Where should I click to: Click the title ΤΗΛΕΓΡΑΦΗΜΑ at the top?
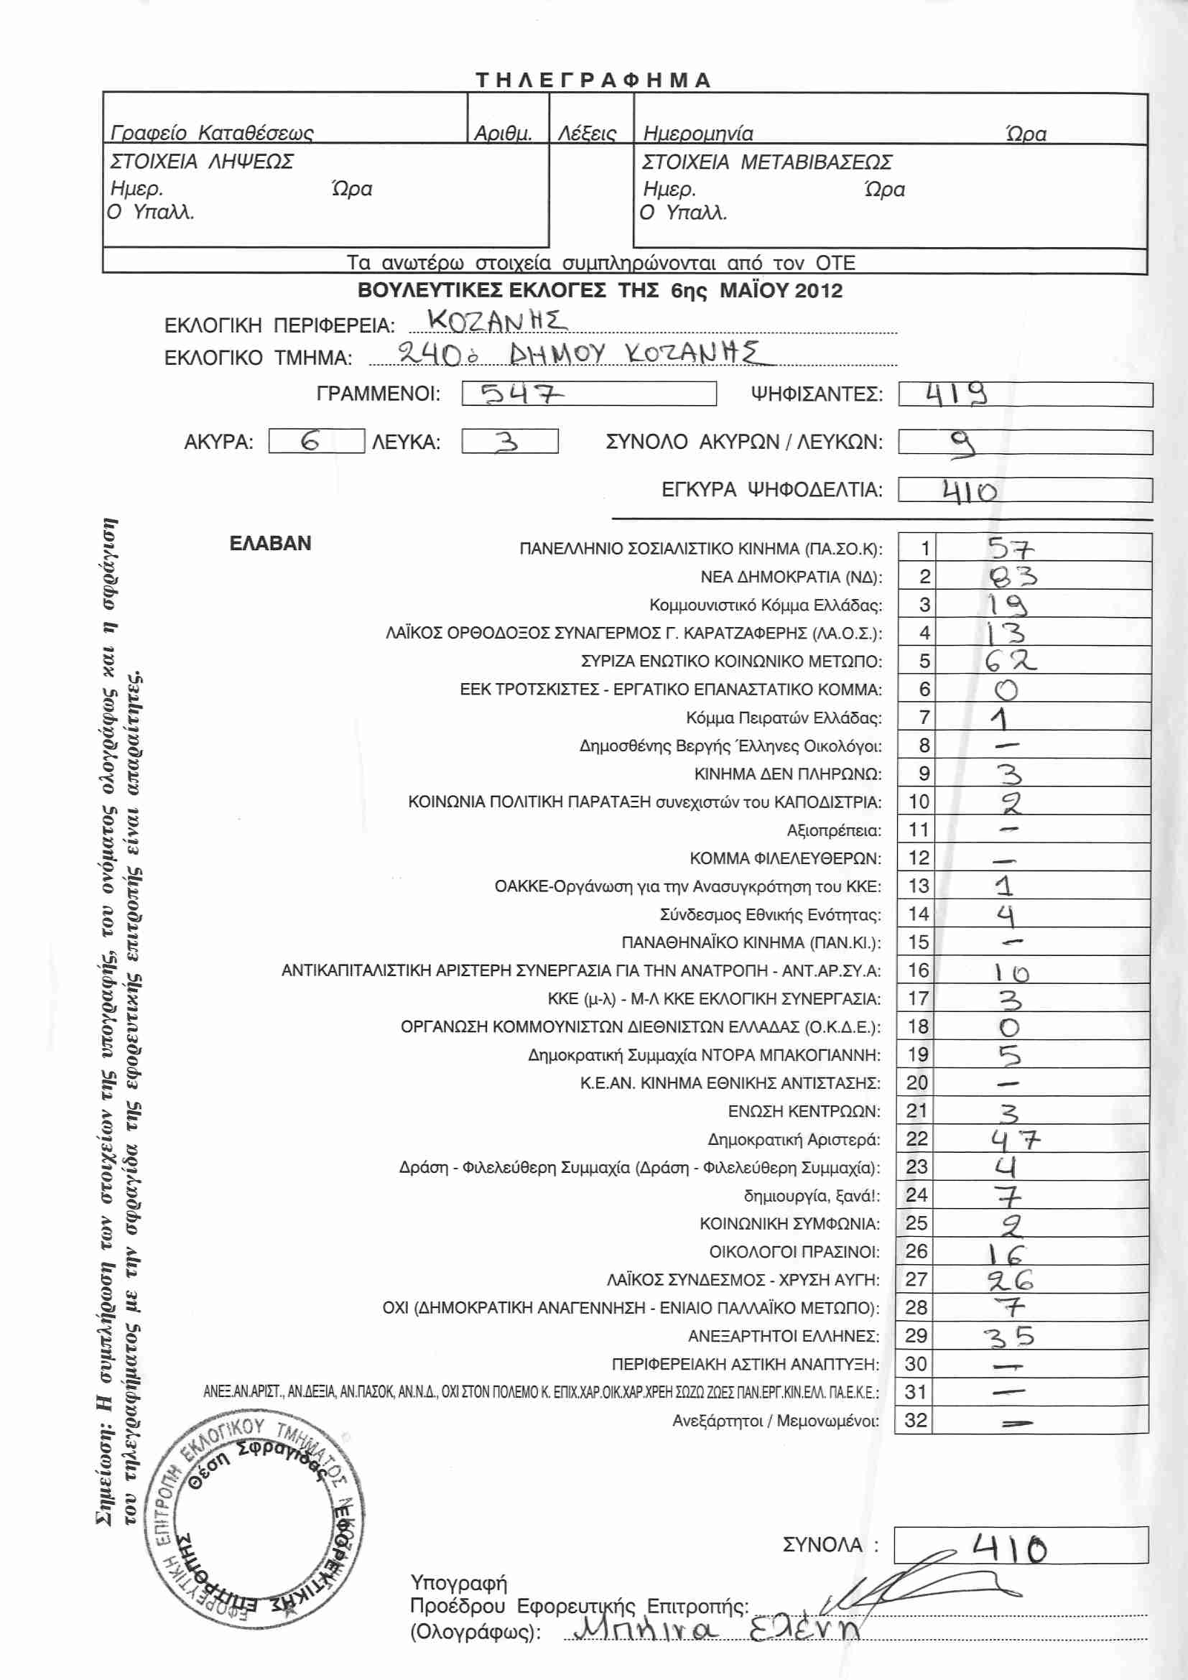tap(593, 80)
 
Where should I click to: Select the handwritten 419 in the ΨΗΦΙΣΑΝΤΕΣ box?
tap(956, 394)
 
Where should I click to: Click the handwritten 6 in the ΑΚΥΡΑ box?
tap(311, 441)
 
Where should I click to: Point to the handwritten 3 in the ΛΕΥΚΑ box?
tap(507, 441)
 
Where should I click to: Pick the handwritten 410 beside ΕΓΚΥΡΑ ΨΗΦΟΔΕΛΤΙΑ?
tap(969, 491)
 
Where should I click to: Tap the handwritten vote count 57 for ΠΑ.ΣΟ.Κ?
tap(1011, 548)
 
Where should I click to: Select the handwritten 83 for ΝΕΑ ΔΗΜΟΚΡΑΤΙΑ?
tap(1013, 577)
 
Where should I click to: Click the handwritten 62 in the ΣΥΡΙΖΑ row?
tap(1011, 661)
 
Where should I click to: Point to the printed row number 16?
tap(917, 970)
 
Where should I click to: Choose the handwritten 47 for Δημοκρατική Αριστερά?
tap(1015, 1139)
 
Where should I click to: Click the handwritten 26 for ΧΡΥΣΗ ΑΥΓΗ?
tap(1011, 1280)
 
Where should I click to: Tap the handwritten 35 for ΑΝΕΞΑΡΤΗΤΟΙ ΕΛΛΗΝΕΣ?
tap(1008, 1337)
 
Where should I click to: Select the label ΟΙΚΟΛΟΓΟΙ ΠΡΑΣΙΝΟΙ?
tap(794, 1252)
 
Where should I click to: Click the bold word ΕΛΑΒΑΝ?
tap(270, 543)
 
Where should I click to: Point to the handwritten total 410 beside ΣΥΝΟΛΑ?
tap(1008, 1549)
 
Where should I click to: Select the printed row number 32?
tap(916, 1420)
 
